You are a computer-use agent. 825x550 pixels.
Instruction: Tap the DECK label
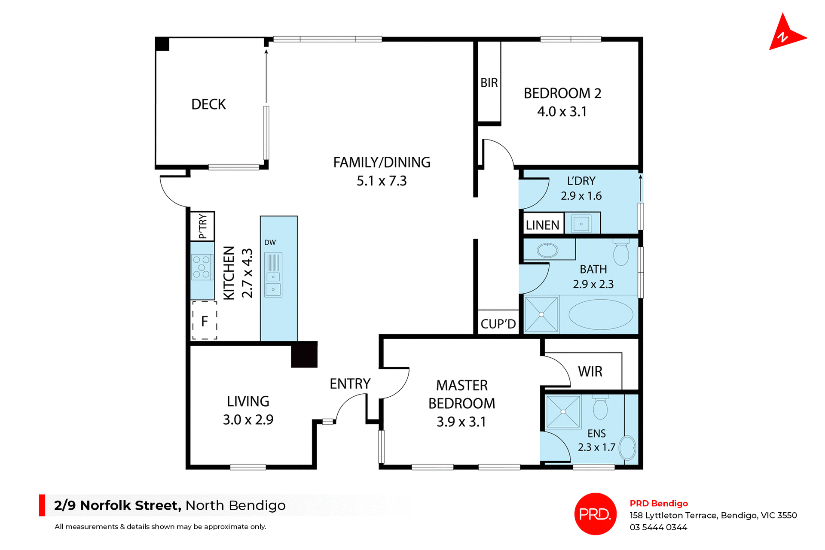(208, 104)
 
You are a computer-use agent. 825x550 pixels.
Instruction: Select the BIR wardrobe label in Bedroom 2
(489, 82)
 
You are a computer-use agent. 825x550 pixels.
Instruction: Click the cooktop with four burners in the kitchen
(202, 267)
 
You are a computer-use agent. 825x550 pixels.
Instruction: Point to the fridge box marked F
(205, 321)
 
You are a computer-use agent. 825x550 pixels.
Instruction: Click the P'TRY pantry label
(202, 226)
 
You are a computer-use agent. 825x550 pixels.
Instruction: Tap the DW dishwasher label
(270, 243)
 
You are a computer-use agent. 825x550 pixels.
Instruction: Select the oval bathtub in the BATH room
(600, 314)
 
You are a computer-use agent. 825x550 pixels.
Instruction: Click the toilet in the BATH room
(621, 252)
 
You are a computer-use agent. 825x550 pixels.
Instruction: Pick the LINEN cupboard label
(542, 225)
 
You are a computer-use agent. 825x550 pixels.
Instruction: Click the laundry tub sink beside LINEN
(581, 224)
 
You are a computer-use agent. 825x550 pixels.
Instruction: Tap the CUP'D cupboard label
(498, 324)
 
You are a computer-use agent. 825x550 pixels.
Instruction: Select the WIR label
(590, 371)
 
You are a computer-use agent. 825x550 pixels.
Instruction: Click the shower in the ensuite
(563, 412)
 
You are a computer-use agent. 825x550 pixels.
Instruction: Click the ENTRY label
(350, 383)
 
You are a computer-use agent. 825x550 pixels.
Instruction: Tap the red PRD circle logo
(595, 514)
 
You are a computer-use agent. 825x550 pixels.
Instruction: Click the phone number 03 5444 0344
(658, 527)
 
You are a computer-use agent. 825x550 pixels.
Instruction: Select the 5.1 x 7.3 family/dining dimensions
(382, 181)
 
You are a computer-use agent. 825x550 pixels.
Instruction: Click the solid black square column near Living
(304, 354)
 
